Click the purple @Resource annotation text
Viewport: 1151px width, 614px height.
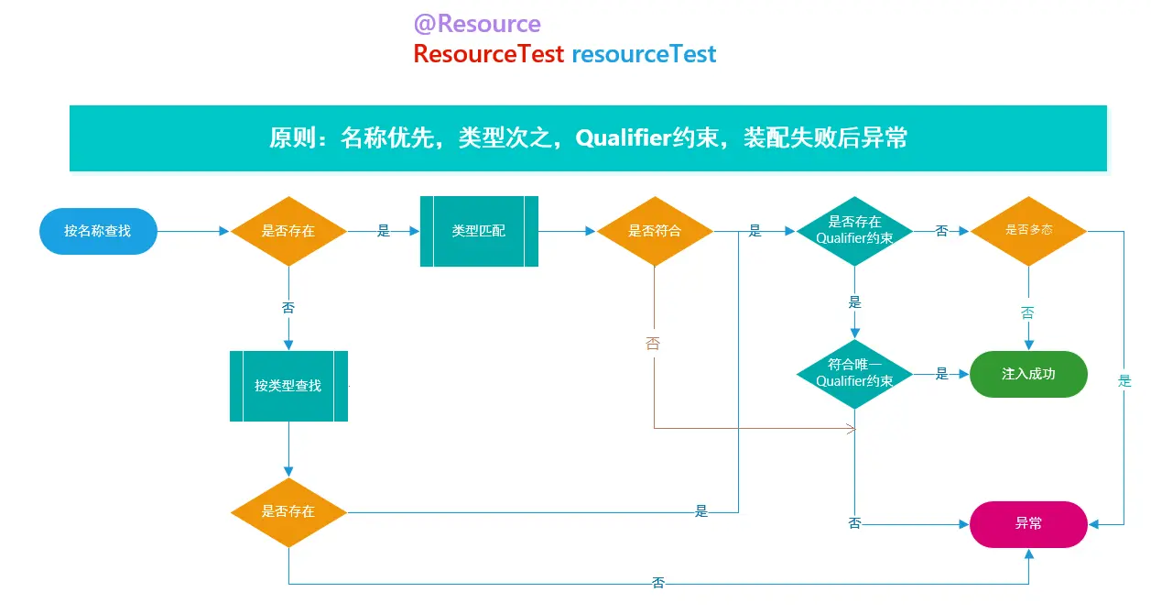477,24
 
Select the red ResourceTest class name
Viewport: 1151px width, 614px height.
488,54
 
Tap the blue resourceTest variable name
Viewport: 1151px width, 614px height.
644,54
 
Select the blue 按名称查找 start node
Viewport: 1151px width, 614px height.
98,231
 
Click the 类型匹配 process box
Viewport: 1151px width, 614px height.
479,231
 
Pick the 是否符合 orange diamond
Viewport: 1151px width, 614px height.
655,231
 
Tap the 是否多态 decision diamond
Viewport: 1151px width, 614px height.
1028,231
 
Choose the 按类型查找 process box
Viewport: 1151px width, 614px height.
288,386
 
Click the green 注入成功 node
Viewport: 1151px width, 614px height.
1028,374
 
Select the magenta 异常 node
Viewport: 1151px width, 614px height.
1028,523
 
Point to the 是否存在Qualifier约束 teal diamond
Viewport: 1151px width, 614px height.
854,230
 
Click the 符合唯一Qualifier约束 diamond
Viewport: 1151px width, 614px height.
854,373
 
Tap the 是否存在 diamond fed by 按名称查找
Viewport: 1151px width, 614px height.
288,231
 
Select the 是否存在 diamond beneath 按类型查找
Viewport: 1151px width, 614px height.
288,511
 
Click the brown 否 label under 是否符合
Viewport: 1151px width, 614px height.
652,344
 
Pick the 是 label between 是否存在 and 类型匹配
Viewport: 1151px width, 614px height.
384,231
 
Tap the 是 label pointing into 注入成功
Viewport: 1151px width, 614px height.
941,374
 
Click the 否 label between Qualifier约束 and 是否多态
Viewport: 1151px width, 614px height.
941,231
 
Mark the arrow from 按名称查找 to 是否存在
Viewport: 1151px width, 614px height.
193,232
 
